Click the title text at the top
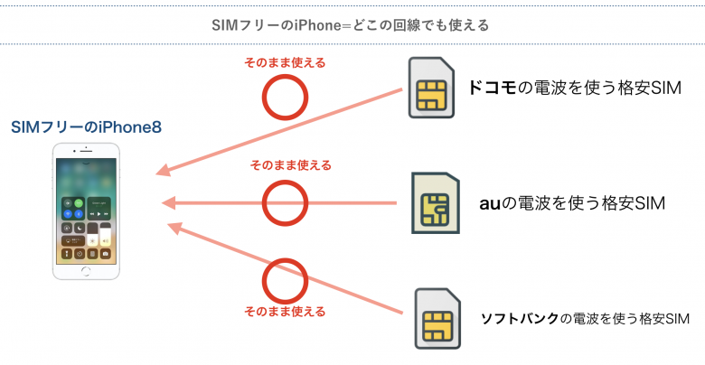(352, 24)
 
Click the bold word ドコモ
(492, 89)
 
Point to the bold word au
(489, 204)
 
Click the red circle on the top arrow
(287, 97)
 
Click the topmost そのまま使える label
(286, 63)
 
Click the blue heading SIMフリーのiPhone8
(87, 129)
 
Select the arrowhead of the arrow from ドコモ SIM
(163, 173)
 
